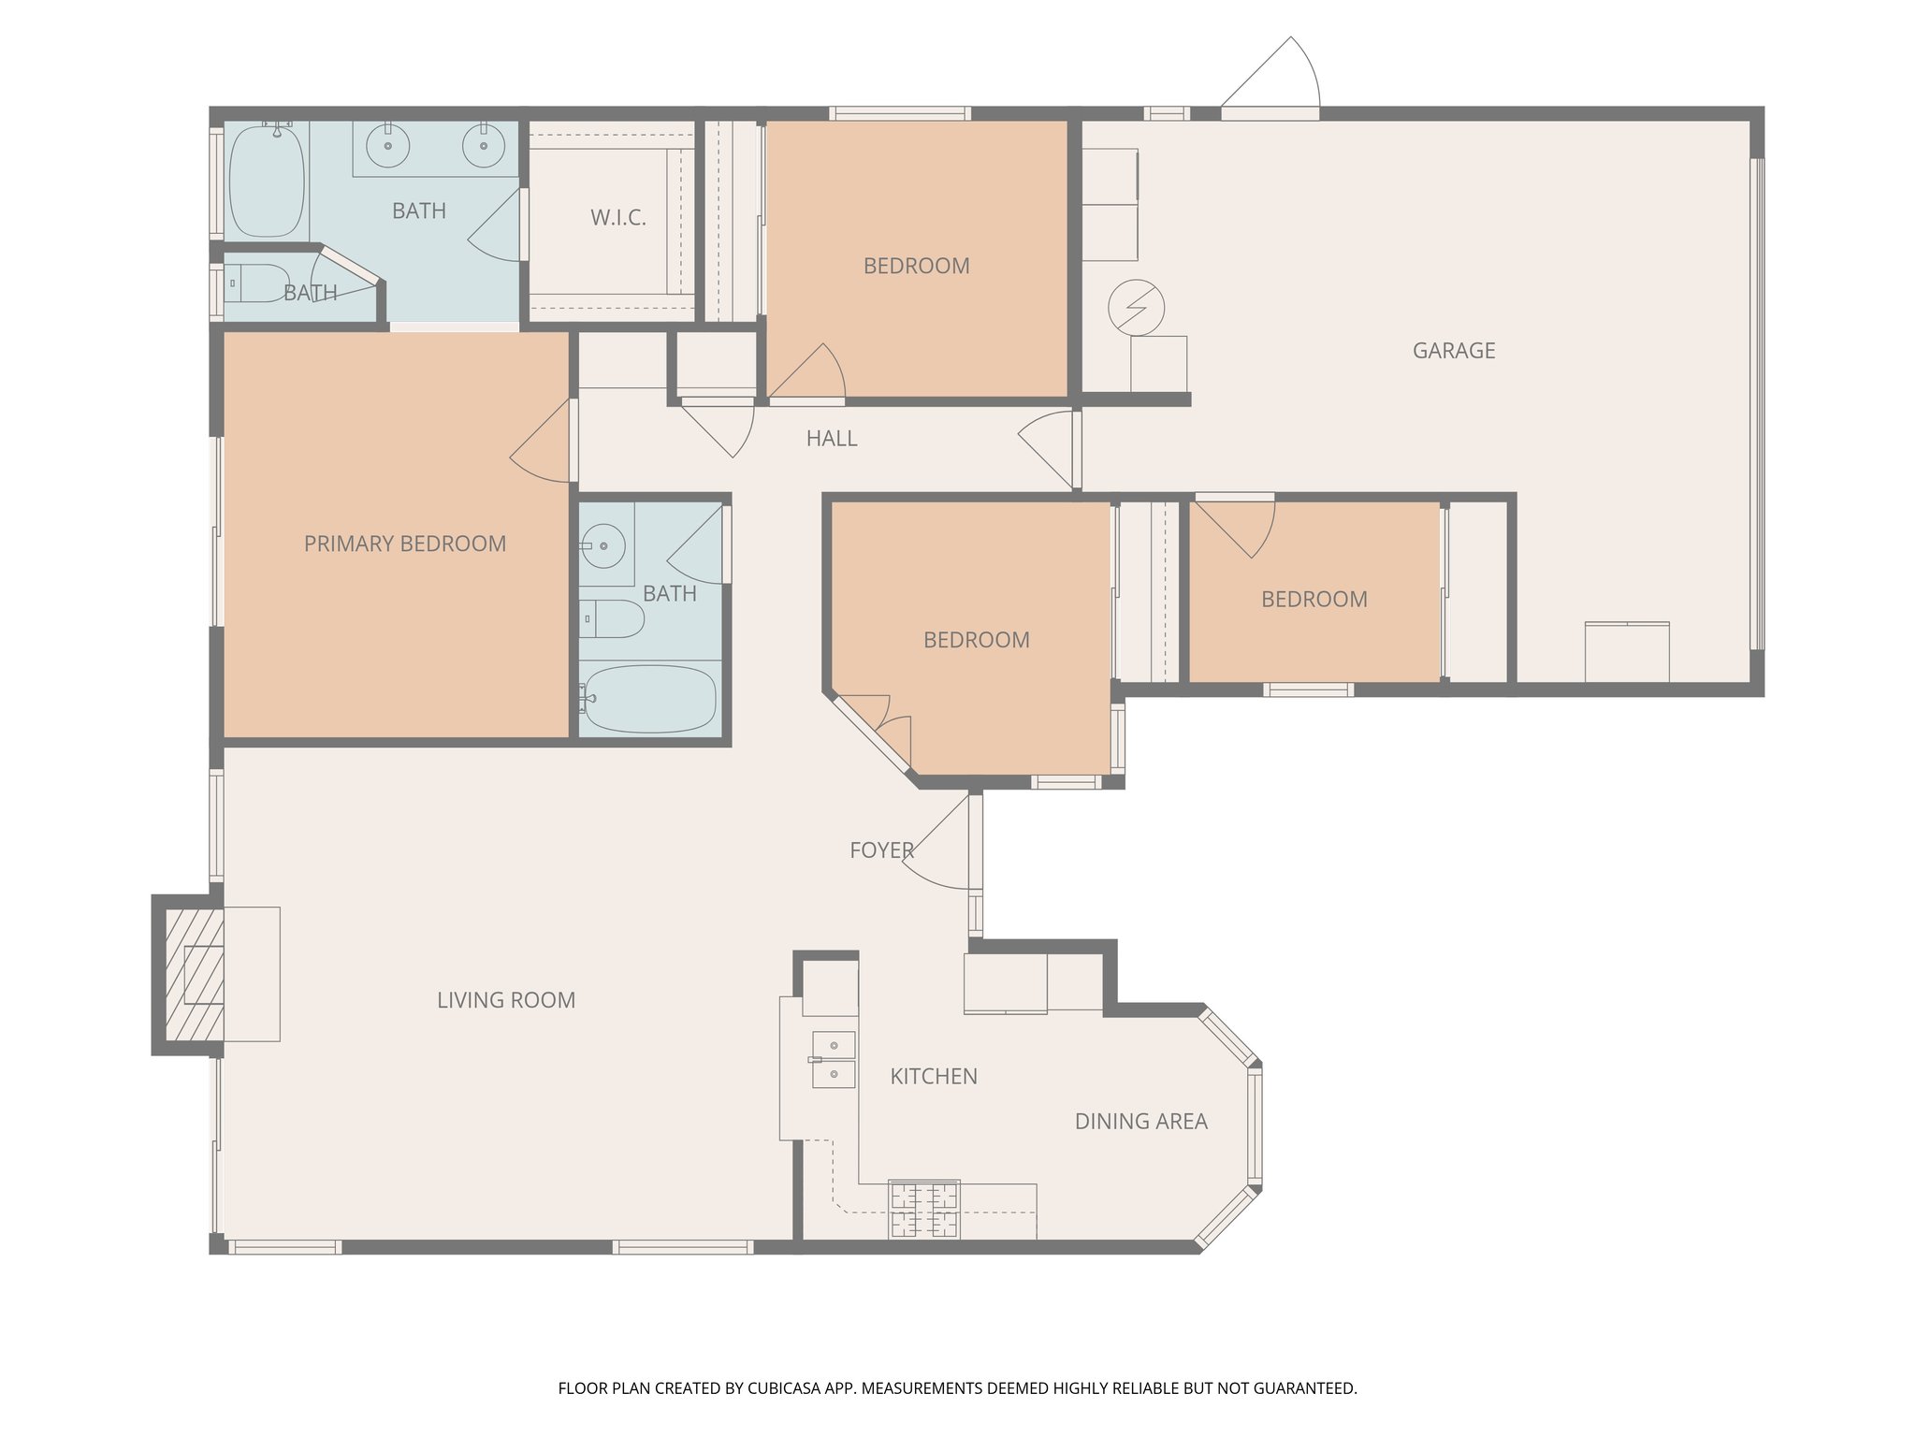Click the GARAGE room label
[1453, 351]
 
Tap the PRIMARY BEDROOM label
[404, 544]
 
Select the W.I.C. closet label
[617, 218]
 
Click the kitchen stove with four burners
[924, 1210]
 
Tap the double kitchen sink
[833, 1059]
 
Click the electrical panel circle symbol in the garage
[1136, 307]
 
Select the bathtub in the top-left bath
[267, 181]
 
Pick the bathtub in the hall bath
[649, 699]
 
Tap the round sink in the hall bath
[602, 544]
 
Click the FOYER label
[881, 850]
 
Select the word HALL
[831, 439]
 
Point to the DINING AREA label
[1140, 1121]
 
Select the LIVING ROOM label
[506, 1000]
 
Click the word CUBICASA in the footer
[784, 1388]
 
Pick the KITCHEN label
[933, 1077]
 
